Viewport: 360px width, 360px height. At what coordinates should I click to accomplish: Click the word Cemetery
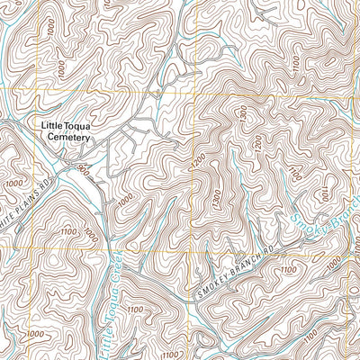(65, 138)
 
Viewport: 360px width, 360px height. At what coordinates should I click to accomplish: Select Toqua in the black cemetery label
(79, 126)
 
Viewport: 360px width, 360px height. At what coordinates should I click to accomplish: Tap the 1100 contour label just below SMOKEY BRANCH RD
(288, 269)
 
